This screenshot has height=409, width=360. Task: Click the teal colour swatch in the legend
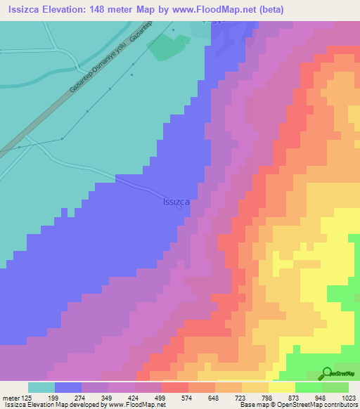(41, 387)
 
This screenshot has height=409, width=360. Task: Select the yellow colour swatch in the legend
(281, 387)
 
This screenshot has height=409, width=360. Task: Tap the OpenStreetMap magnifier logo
(327, 373)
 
